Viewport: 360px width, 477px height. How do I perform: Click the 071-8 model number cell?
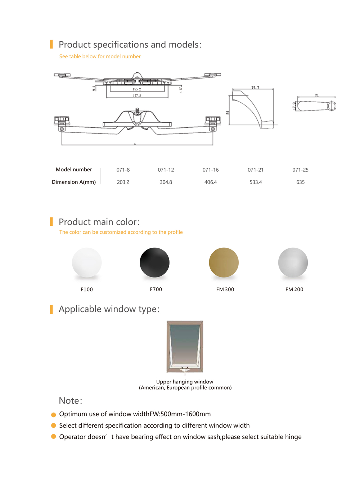tap(123, 170)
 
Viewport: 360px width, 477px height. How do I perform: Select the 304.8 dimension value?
tap(166, 182)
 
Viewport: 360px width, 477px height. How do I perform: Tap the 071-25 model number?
tap(300, 170)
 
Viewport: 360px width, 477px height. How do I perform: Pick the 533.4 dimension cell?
tap(256, 182)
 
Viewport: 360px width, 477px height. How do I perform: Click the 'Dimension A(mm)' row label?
tap(74, 182)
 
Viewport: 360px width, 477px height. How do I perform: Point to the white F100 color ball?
tap(87, 262)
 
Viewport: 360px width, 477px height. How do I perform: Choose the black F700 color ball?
tap(154, 262)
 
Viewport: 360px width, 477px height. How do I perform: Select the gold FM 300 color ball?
tap(224, 262)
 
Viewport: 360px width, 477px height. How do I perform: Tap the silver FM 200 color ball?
tap(293, 262)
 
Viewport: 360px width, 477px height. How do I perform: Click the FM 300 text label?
tap(225, 289)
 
